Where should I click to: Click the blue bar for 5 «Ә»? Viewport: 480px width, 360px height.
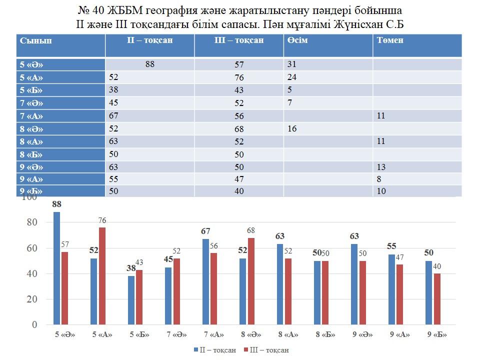pyautogui.click(x=56, y=268)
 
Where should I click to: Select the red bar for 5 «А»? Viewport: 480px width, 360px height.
pyautogui.click(x=102, y=276)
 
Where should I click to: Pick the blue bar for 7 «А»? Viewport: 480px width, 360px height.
pyautogui.click(x=206, y=281)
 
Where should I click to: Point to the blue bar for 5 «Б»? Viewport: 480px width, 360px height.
pyautogui.click(x=131, y=300)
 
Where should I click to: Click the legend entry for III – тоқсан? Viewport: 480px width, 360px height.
pyautogui.click(x=266, y=350)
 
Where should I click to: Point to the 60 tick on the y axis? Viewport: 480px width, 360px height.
pyautogui.click(x=31, y=248)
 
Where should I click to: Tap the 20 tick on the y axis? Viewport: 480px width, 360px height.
pyautogui.click(x=31, y=299)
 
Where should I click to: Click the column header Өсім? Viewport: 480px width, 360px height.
pyautogui.click(x=297, y=40)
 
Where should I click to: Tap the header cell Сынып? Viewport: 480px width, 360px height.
pyautogui.click(x=36, y=40)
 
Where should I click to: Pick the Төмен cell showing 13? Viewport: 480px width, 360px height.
pyautogui.click(x=381, y=167)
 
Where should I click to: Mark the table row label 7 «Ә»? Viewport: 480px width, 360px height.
pyautogui.click(x=31, y=103)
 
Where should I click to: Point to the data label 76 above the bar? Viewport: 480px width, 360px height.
pyautogui.click(x=102, y=220)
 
